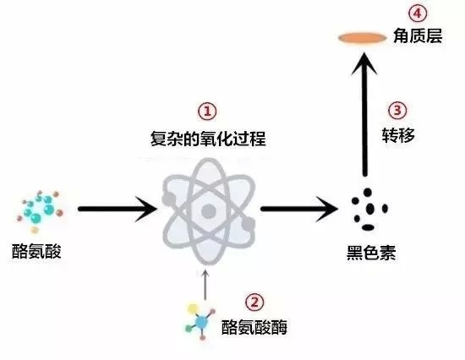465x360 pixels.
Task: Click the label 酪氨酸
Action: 36,252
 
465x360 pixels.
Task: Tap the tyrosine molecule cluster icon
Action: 40,211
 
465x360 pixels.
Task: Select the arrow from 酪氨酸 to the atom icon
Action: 118,209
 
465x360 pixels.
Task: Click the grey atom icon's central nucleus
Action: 209,211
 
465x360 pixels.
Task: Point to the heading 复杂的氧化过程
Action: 208,139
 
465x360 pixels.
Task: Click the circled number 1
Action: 207,112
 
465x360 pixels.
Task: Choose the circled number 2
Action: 254,303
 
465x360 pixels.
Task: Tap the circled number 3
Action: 397,111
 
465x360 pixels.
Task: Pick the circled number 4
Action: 418,13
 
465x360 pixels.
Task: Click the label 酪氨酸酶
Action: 254,327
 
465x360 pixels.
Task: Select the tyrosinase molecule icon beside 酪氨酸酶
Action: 200,321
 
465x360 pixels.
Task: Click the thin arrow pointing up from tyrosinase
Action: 205,284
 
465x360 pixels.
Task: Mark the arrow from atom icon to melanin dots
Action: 299,209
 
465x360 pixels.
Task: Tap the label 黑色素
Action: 371,253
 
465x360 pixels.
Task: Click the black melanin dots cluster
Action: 369,210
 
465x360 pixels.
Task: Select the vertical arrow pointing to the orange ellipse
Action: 364,114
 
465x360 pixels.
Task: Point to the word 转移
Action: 398,135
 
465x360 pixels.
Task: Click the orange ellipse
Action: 363,38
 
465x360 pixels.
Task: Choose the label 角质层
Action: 418,36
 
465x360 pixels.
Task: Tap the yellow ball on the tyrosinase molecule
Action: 193,308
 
